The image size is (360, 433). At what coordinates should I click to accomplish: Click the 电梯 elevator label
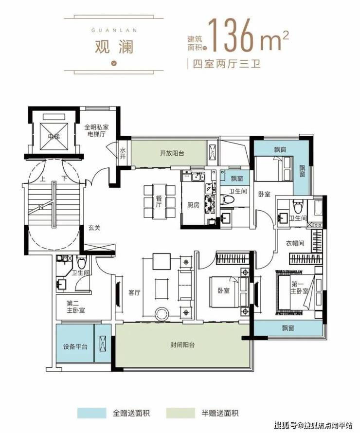point(54,136)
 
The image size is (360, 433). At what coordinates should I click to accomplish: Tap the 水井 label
point(123,153)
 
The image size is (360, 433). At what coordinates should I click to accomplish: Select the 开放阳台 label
point(172,153)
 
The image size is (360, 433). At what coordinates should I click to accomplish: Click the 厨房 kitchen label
point(193,205)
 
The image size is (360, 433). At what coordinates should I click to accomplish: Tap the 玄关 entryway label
point(94,228)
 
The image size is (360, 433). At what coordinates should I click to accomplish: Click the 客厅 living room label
point(134,293)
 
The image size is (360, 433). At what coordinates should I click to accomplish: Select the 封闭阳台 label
point(182,345)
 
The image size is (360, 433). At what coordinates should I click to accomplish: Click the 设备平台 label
point(75,346)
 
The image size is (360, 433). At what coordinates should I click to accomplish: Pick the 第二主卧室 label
point(75,307)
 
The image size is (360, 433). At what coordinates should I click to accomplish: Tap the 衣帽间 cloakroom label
point(295,243)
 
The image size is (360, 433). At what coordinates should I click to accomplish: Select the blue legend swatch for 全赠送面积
point(92,413)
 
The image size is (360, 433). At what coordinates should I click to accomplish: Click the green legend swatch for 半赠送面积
point(180,413)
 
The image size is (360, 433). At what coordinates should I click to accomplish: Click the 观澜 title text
point(114,46)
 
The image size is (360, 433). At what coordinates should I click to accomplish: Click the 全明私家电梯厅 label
point(96,130)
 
